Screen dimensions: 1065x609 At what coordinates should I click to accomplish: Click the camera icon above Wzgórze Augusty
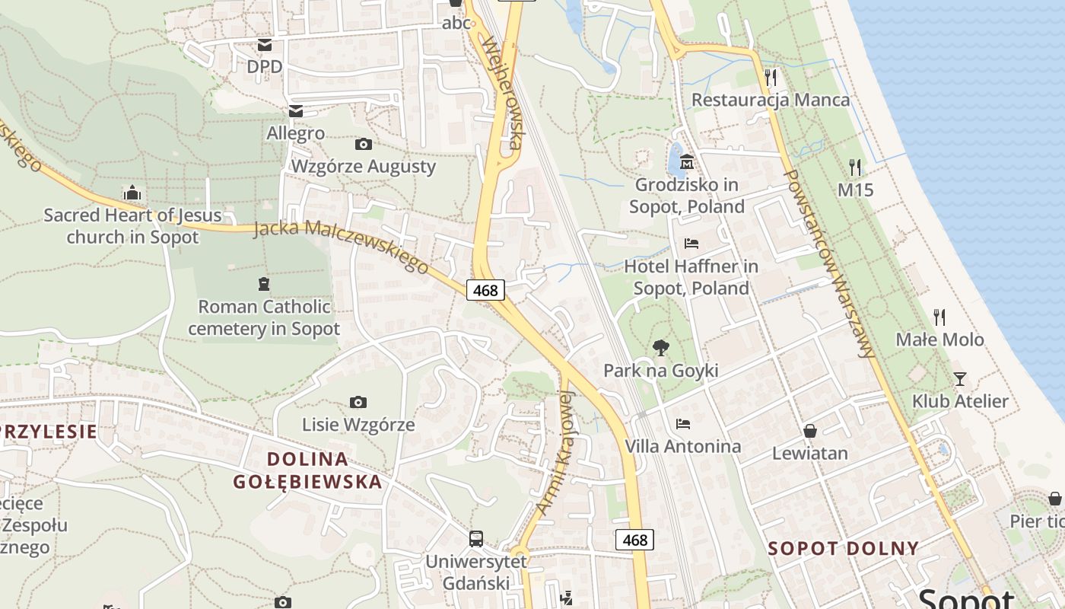click(364, 144)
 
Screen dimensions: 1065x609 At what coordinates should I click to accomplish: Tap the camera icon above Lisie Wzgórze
click(358, 402)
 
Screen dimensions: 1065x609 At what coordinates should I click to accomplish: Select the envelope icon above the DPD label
click(265, 45)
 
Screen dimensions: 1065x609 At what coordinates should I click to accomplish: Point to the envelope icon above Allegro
click(296, 111)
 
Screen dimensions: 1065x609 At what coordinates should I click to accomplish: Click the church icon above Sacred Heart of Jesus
click(132, 193)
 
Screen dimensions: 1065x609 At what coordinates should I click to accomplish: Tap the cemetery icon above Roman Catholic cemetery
click(264, 285)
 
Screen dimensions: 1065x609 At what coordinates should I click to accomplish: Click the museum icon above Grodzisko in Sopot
click(687, 162)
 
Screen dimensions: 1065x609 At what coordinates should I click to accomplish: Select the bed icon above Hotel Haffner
click(691, 244)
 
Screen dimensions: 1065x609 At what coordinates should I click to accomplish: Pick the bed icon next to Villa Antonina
click(683, 424)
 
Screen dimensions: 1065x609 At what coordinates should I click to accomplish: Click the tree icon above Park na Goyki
click(661, 348)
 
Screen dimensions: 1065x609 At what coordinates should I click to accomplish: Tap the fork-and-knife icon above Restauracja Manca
click(771, 78)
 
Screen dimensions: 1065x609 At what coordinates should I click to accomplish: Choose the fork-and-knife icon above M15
click(856, 167)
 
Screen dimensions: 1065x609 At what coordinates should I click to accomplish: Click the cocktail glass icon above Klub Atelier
click(960, 378)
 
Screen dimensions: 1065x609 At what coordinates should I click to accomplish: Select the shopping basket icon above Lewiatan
click(810, 431)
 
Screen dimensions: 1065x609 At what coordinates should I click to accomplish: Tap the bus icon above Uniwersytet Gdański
click(476, 539)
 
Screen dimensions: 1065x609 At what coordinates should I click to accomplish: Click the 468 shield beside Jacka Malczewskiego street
click(485, 290)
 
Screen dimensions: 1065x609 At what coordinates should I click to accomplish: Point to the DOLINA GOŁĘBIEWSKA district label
click(307, 470)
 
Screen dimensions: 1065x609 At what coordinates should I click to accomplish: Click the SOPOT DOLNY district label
click(843, 548)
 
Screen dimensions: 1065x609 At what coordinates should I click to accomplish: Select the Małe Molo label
click(939, 340)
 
